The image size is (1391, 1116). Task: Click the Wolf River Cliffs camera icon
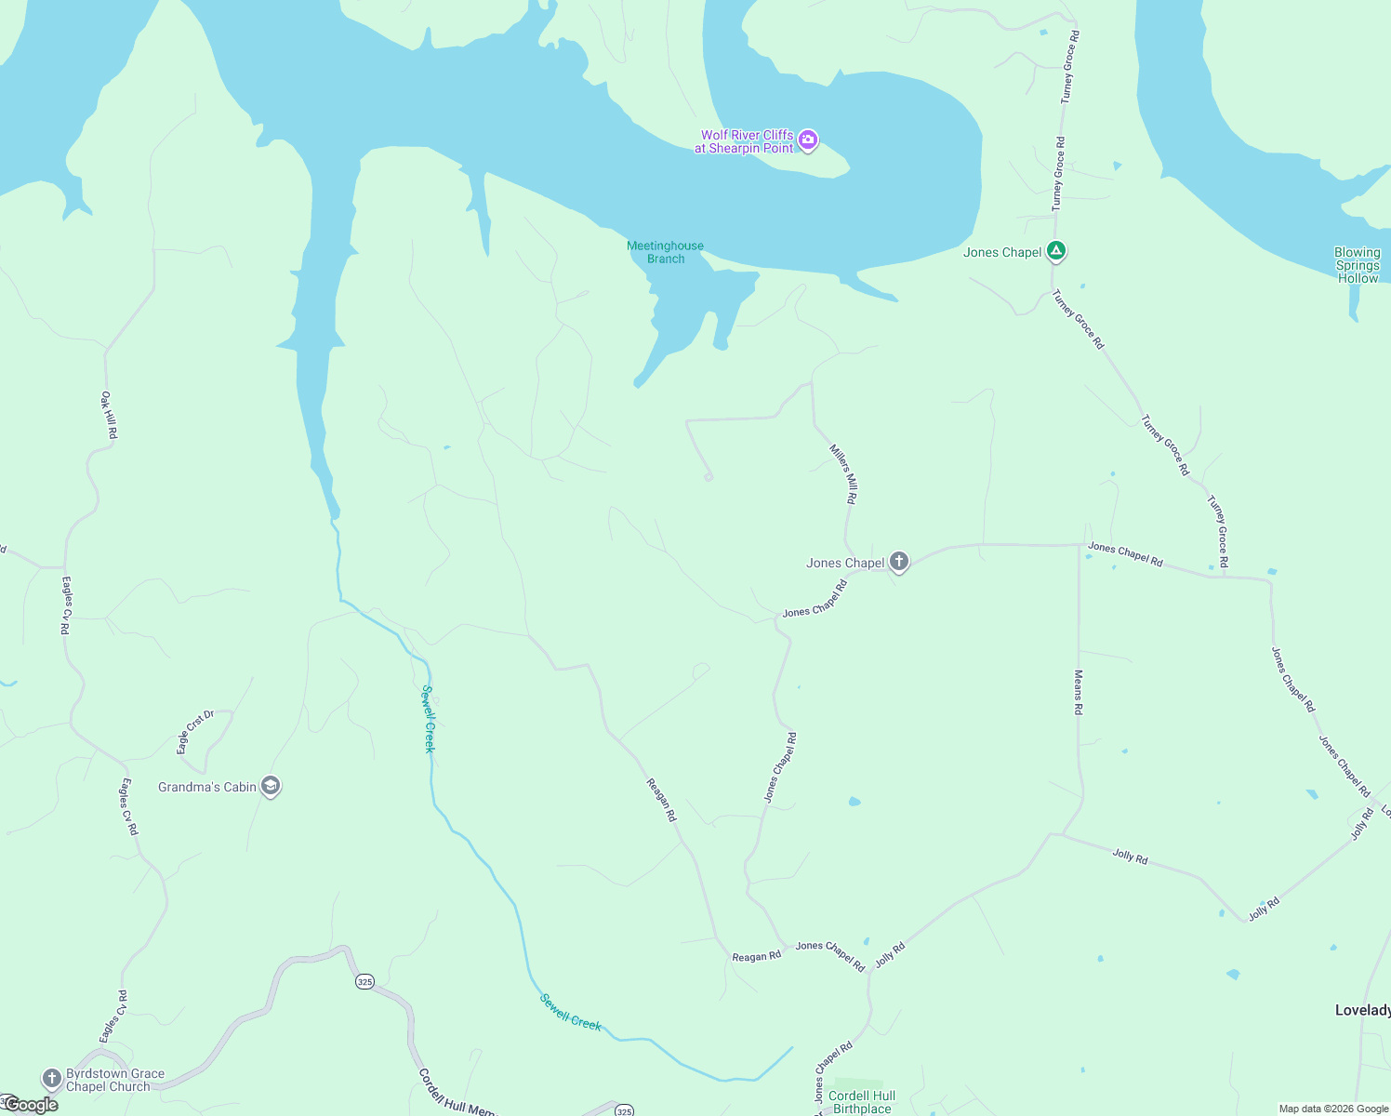tap(808, 140)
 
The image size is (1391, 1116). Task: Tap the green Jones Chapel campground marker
tap(1055, 251)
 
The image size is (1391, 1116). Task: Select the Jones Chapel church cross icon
tap(898, 561)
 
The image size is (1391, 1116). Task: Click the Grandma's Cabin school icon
tap(271, 786)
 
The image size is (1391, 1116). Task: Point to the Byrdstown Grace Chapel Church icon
tap(52, 1079)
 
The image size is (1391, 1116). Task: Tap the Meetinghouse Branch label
tap(665, 252)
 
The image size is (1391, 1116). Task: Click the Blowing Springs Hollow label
tap(1358, 265)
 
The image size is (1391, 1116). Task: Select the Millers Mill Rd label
tap(843, 474)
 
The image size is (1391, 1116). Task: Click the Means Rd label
tap(1079, 692)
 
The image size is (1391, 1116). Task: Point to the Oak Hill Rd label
tap(109, 415)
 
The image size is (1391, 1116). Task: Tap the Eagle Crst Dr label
tap(195, 732)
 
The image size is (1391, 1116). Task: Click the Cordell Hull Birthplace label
tap(862, 1102)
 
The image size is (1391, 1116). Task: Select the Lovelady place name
tap(1362, 1010)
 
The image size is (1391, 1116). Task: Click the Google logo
tap(31, 1105)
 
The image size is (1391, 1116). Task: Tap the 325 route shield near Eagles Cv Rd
tap(364, 981)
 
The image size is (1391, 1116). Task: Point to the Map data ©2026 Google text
tap(1333, 1109)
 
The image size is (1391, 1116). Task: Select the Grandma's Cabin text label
tap(207, 787)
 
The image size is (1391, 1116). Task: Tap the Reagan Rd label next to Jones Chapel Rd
tap(756, 956)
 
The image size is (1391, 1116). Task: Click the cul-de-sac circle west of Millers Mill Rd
tap(709, 477)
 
